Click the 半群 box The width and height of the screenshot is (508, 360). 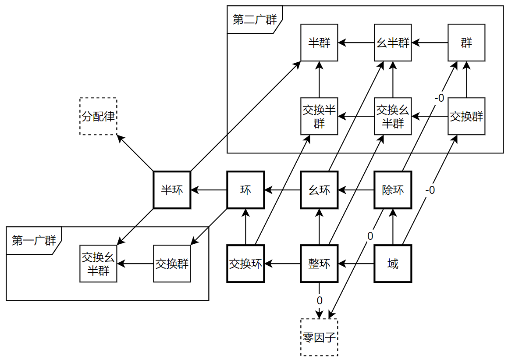(x=319, y=43)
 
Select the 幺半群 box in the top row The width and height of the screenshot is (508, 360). (x=393, y=43)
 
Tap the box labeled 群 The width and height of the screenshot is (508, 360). (x=466, y=43)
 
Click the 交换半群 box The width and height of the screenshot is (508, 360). (x=319, y=116)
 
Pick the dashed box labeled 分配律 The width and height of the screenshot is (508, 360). (x=98, y=116)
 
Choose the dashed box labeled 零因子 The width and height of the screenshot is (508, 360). (x=319, y=337)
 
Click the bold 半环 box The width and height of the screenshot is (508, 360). (x=172, y=190)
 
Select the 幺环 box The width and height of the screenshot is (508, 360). (x=319, y=190)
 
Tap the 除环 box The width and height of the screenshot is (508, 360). (x=393, y=190)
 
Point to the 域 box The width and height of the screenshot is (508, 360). (x=393, y=264)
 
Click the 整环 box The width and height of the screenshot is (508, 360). (x=319, y=264)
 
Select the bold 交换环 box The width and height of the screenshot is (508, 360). (x=245, y=264)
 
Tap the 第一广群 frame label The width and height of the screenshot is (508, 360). (x=33, y=241)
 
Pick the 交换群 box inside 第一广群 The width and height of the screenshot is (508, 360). (x=172, y=264)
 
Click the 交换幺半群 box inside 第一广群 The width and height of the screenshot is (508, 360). (x=98, y=264)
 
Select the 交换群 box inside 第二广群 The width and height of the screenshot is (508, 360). (x=466, y=116)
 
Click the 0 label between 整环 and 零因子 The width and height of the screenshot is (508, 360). (x=319, y=301)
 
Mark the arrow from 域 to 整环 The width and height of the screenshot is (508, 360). (x=356, y=264)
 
